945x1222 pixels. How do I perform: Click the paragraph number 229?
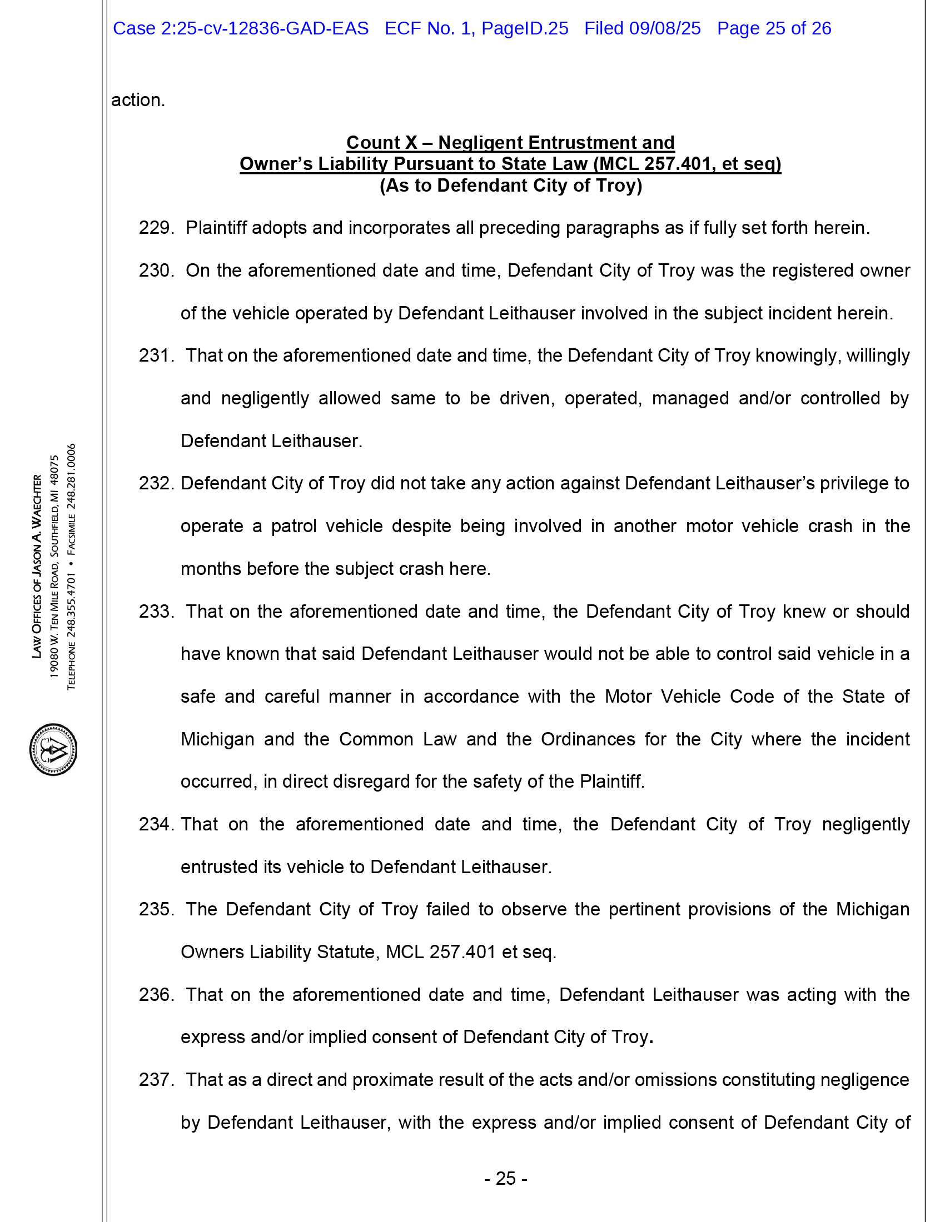[156, 228]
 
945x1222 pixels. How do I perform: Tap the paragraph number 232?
[156, 483]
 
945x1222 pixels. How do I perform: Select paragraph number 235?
[156, 909]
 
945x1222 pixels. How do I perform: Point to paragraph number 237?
[156, 1079]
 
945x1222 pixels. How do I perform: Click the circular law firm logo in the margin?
[53, 749]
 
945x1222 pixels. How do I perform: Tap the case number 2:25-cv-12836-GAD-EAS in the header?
[265, 28]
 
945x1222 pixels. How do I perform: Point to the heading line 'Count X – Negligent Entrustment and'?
[510, 143]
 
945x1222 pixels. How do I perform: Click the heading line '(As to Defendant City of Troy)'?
[510, 185]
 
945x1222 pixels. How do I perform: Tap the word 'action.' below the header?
[138, 100]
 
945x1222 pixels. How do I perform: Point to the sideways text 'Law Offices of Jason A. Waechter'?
[37, 566]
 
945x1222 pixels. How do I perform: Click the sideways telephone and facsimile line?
[71, 566]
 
